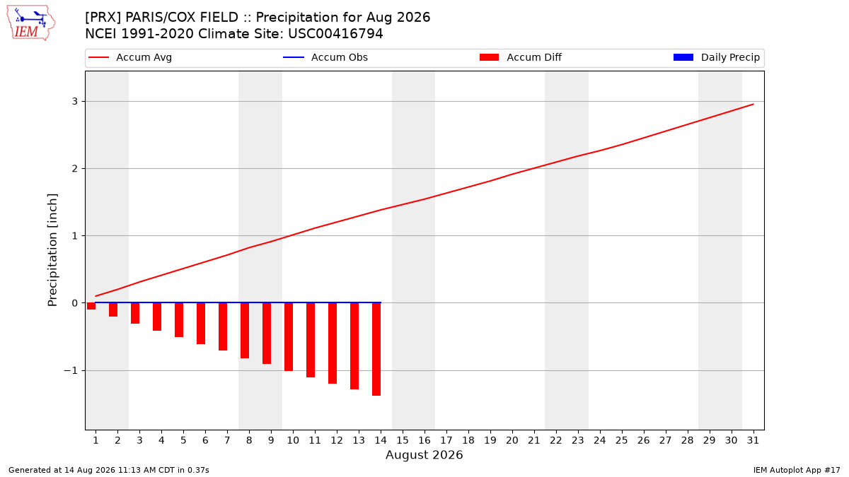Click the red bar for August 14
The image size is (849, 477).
(x=376, y=349)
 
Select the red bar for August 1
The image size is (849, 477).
(x=91, y=306)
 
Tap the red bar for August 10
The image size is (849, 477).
(x=289, y=337)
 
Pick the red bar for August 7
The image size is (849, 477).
(x=223, y=326)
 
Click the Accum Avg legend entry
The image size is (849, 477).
(x=130, y=57)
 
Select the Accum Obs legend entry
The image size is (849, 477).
(x=325, y=57)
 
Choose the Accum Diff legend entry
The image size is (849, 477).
(x=521, y=57)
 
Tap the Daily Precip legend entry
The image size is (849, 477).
(x=716, y=57)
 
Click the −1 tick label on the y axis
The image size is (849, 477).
(x=71, y=370)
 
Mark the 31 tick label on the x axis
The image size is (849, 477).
(x=753, y=440)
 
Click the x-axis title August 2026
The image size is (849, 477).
(x=424, y=454)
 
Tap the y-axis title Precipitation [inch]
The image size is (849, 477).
(x=52, y=250)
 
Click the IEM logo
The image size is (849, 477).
(x=31, y=23)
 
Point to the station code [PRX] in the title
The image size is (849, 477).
(x=103, y=18)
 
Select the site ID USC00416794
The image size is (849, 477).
(x=335, y=34)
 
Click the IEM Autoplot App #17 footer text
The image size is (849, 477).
(x=797, y=470)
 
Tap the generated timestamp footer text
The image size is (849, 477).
(x=109, y=470)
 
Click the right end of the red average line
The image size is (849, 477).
(x=753, y=104)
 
